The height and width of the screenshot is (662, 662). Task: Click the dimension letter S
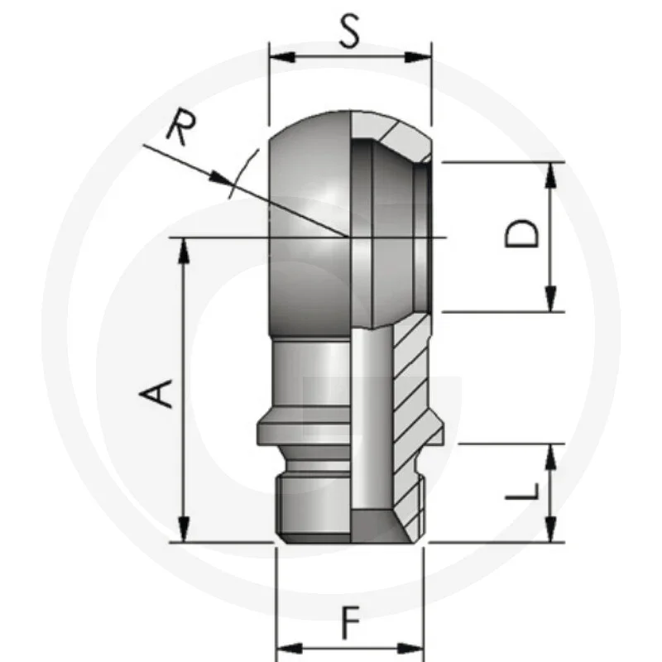click(350, 32)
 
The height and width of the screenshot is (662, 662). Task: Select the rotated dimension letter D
click(523, 234)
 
